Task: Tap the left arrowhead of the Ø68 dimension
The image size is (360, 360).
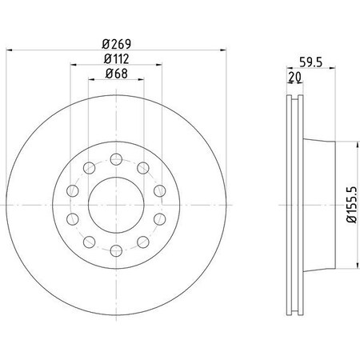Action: pos(92,82)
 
